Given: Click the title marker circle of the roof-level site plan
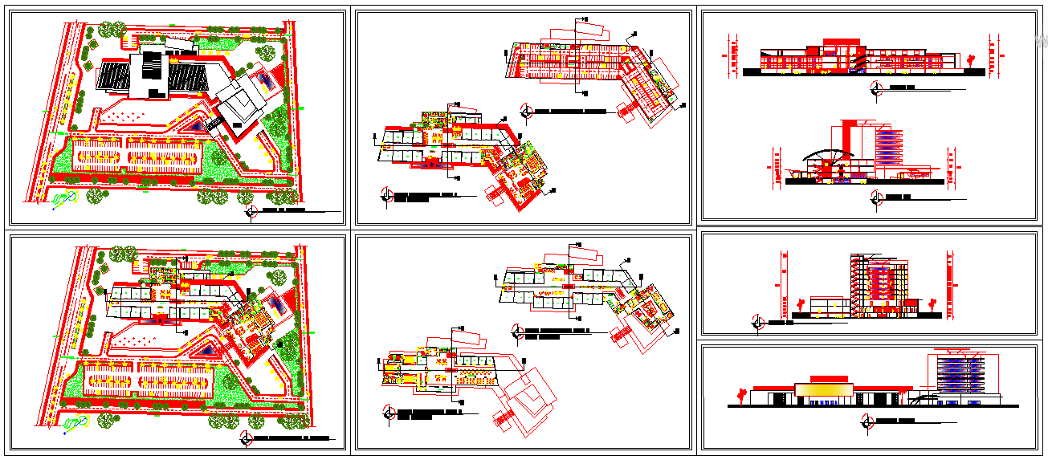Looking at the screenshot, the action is pyautogui.click(x=251, y=211).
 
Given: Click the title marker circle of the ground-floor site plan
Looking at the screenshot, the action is pyautogui.click(x=246, y=438).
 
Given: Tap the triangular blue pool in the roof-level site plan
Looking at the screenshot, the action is pyautogui.click(x=199, y=128).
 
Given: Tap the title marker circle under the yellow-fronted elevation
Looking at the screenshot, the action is pyautogui.click(x=867, y=420).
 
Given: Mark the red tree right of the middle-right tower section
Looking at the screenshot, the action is pyautogui.click(x=932, y=303).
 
